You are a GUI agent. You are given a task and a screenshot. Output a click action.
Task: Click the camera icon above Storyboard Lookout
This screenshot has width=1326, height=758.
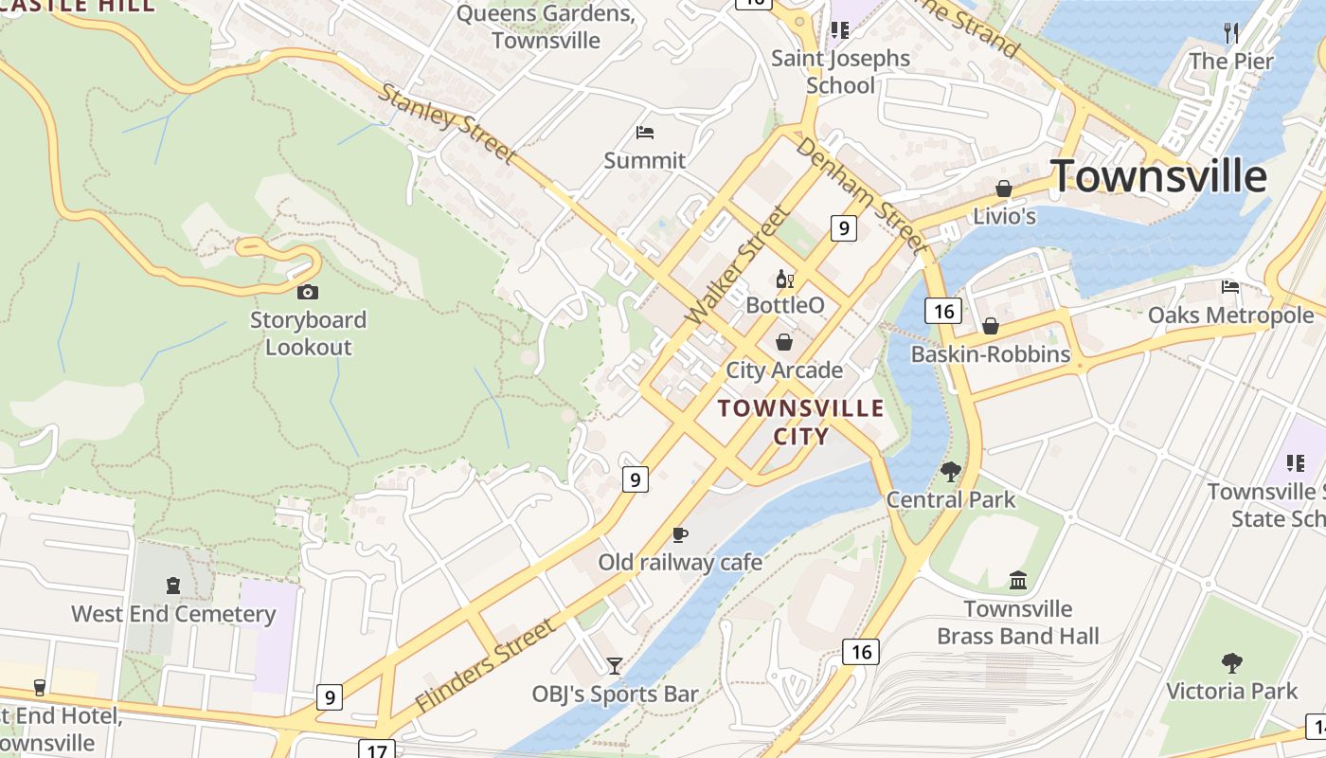pyautogui.click(x=308, y=292)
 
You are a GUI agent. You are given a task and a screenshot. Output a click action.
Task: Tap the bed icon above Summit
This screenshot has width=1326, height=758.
pyautogui.click(x=645, y=133)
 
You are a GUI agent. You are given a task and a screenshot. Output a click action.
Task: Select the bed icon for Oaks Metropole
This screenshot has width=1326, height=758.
pyautogui.click(x=1230, y=286)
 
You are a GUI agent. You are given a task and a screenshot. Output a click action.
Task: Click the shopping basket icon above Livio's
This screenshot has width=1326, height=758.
pyautogui.click(x=1004, y=189)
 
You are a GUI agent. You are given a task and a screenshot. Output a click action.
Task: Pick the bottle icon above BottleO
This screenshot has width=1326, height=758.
pyautogui.click(x=784, y=279)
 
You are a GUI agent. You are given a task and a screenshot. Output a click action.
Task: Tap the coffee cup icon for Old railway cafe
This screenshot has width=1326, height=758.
pyautogui.click(x=679, y=534)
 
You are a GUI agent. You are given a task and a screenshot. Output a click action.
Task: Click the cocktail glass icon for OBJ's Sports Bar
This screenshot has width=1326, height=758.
pyautogui.click(x=615, y=666)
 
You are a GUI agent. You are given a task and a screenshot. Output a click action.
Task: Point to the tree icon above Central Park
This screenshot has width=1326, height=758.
pyautogui.click(x=951, y=471)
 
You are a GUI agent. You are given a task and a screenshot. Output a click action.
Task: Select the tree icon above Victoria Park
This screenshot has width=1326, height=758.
pyautogui.click(x=1231, y=662)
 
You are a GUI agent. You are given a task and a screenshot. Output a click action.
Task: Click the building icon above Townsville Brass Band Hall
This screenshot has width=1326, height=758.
pyautogui.click(x=1018, y=580)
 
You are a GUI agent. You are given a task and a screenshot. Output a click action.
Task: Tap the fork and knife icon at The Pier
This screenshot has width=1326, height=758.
pyautogui.click(x=1231, y=33)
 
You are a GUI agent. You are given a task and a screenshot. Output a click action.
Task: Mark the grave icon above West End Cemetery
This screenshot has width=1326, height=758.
pyautogui.click(x=172, y=586)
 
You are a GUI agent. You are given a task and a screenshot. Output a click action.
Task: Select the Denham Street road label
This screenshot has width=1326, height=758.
pyautogui.click(x=859, y=196)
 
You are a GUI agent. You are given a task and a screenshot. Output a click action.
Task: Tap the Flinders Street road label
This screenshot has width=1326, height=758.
pyautogui.click(x=485, y=665)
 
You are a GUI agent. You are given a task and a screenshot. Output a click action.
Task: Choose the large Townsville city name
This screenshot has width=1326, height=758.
pyautogui.click(x=1158, y=176)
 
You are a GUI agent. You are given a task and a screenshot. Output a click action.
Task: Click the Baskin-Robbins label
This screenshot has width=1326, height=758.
pyautogui.click(x=991, y=354)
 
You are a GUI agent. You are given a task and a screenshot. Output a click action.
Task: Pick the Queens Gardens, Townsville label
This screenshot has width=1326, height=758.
pyautogui.click(x=546, y=27)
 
